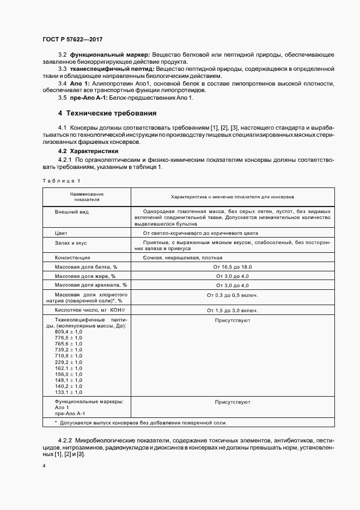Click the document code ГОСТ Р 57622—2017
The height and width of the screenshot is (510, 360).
[72, 40]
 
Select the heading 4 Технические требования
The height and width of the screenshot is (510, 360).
[107, 113]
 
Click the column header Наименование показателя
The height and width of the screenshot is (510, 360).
[87, 196]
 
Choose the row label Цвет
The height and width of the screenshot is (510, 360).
[61, 233]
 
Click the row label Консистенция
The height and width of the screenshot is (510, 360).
[72, 257]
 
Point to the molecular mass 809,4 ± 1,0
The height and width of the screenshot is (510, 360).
[69, 332]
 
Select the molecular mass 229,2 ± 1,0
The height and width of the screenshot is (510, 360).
[69, 362]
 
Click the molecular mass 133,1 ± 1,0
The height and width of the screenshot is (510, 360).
[69, 392]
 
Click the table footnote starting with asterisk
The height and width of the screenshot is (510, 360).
[141, 423]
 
